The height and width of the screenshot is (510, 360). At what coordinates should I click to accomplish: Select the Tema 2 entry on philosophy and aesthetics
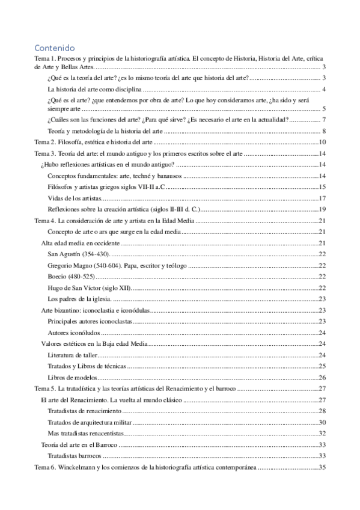click(x=94, y=143)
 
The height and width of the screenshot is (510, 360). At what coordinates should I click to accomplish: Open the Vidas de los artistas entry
click(x=74, y=198)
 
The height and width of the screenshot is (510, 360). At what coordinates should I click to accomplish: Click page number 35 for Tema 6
click(x=322, y=467)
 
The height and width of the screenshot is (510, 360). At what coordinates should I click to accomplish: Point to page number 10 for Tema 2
click(x=322, y=143)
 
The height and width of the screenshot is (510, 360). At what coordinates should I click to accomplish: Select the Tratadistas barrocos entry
click(x=75, y=455)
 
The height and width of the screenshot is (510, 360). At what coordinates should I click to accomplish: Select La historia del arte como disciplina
click(x=94, y=89)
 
